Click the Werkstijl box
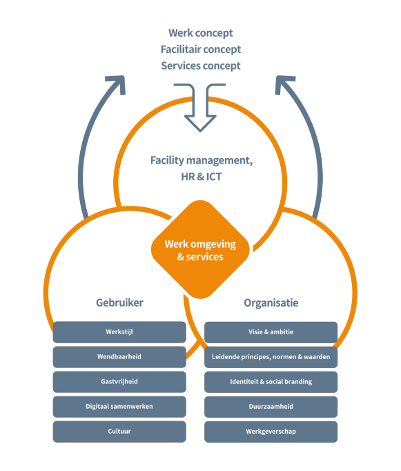[x=119, y=332]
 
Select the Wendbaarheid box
[x=119, y=357]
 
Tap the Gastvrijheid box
[x=119, y=382]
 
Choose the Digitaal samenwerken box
[x=119, y=407]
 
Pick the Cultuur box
[x=119, y=432]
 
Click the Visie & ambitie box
[x=271, y=332]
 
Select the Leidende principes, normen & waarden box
[x=271, y=357]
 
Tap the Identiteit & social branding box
[x=271, y=382]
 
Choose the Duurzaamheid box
[x=271, y=407]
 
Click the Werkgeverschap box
[x=271, y=432]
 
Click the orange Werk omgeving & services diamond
[x=200, y=249]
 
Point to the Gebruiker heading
[x=119, y=302]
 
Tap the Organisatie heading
[x=271, y=302]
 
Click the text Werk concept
[x=200, y=33]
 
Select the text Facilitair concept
[x=201, y=49]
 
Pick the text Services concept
[x=201, y=66]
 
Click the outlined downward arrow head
[x=200, y=122]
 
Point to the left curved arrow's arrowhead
[x=117, y=84]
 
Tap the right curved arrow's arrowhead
[x=284, y=84]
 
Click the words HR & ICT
[x=202, y=177]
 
